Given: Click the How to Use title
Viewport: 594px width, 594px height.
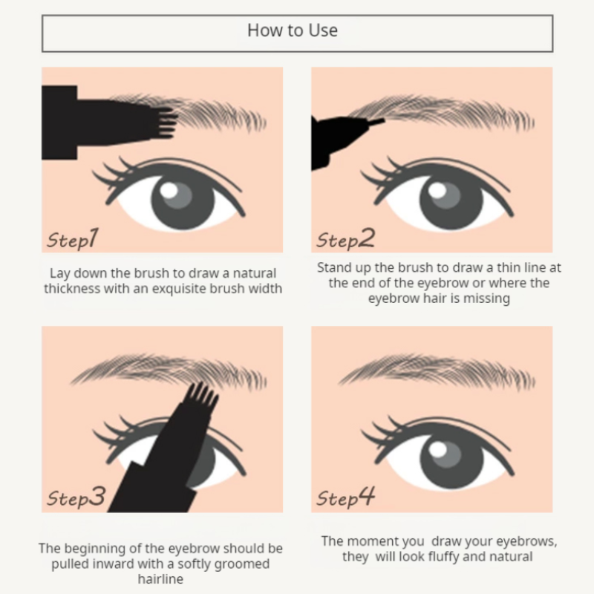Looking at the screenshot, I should point(293,30).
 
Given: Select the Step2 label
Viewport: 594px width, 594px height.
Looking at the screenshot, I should point(345,239).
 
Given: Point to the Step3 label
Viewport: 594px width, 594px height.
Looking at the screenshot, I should point(76,497).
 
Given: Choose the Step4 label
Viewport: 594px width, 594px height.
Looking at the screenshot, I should point(346,497).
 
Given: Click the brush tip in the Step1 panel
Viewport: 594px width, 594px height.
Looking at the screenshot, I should point(165,122).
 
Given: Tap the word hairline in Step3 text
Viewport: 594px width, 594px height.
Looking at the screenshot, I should point(160,580).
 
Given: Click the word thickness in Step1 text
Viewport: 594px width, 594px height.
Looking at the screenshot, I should point(74,288).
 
